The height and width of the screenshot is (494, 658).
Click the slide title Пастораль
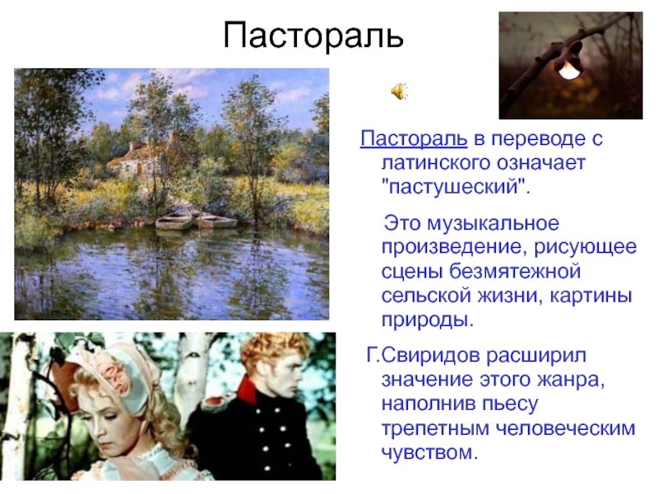tap(313, 35)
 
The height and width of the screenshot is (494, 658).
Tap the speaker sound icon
tap(400, 91)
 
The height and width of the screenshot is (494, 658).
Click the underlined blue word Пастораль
tap(414, 138)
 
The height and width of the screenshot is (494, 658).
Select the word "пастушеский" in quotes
tap(455, 186)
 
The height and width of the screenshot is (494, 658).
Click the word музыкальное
tap(493, 223)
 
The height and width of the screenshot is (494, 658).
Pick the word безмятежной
tap(516, 272)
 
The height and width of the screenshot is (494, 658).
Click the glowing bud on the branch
tap(569, 69)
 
